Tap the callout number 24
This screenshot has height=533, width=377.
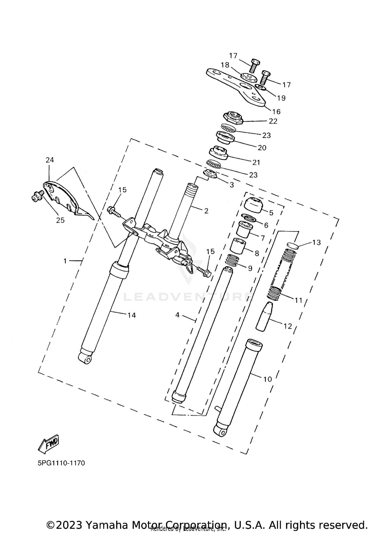50,160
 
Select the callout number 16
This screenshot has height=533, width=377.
276,111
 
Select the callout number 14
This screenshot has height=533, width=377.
132,315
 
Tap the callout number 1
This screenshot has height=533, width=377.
65,261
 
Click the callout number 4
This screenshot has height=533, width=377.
177,315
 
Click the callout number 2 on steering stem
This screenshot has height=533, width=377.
206,211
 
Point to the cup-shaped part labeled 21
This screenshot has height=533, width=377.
218,153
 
